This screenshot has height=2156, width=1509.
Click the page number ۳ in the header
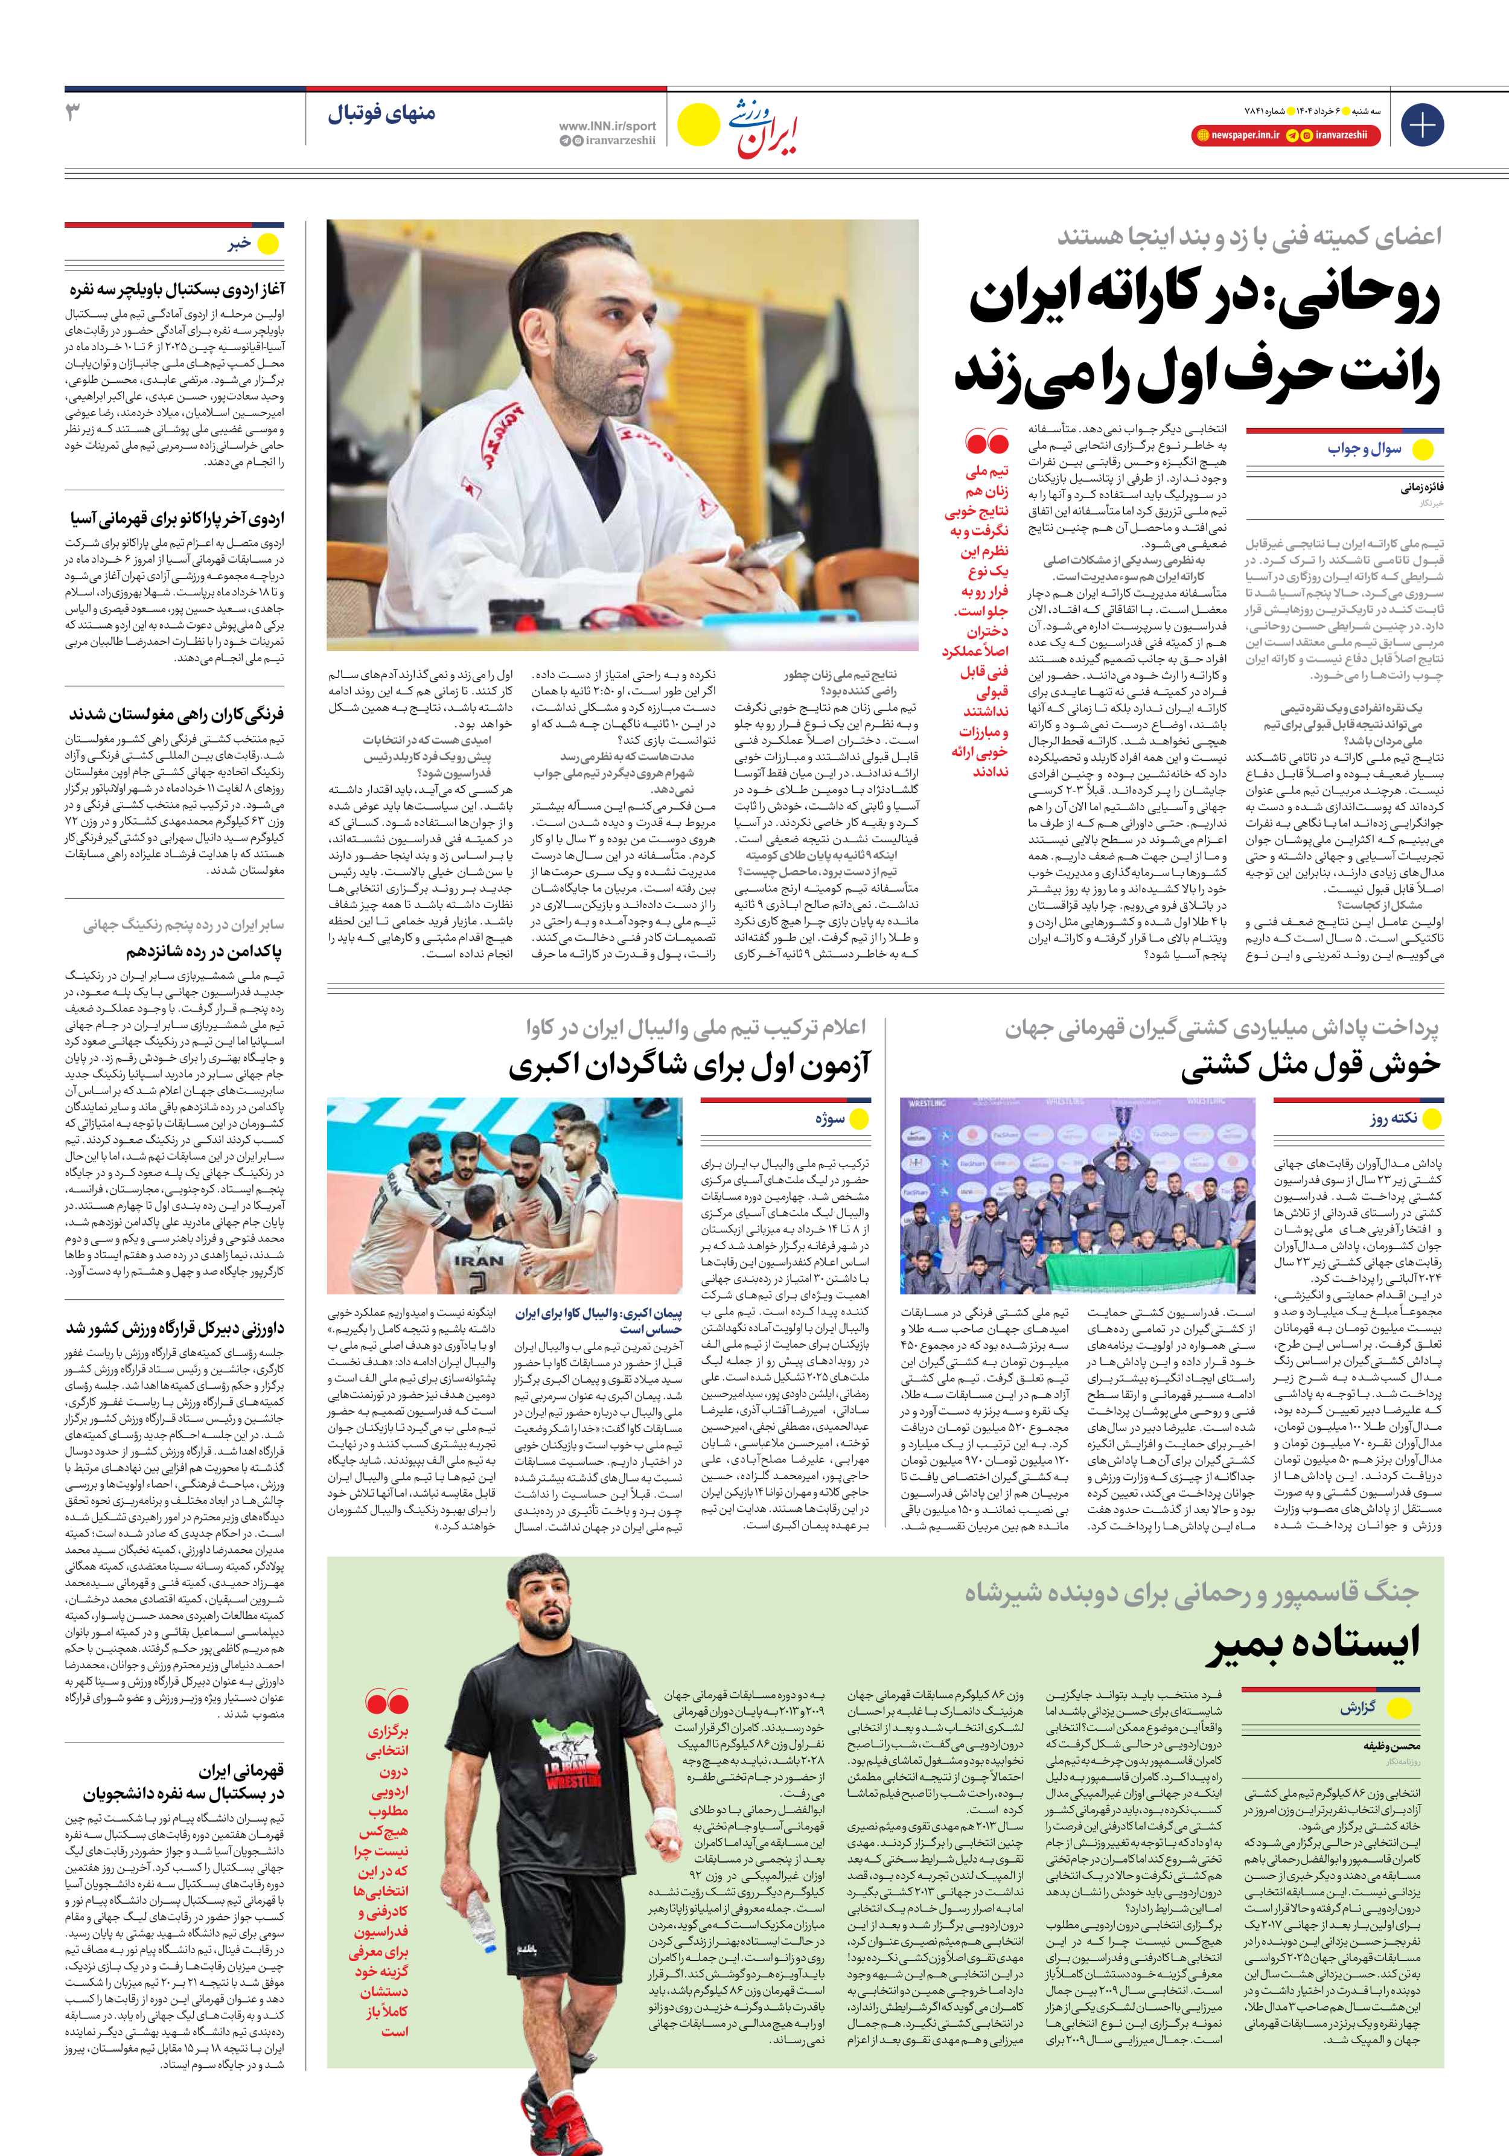73,113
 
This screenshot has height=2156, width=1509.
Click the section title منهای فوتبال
381,115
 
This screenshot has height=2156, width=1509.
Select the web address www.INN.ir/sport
608,126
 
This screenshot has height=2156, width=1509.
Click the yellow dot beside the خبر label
269,244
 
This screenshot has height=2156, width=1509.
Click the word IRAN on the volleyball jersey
480,1261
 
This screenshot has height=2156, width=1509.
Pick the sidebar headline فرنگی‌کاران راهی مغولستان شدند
176,714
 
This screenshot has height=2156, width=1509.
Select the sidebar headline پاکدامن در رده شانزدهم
205,952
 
